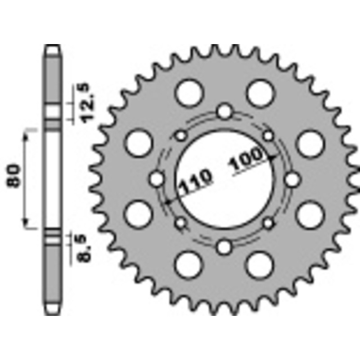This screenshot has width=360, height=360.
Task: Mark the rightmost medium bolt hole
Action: [x=292, y=179]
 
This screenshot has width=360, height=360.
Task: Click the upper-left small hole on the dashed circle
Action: [x=181, y=135]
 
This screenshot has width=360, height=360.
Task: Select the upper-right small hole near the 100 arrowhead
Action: [x=268, y=135]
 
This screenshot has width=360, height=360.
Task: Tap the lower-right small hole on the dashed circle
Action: [x=268, y=222]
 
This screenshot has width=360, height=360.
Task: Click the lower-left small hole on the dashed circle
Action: [x=181, y=222]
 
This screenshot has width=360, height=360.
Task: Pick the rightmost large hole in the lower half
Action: [x=310, y=213]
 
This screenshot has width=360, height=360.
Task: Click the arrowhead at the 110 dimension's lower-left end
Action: [x=167, y=202]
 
